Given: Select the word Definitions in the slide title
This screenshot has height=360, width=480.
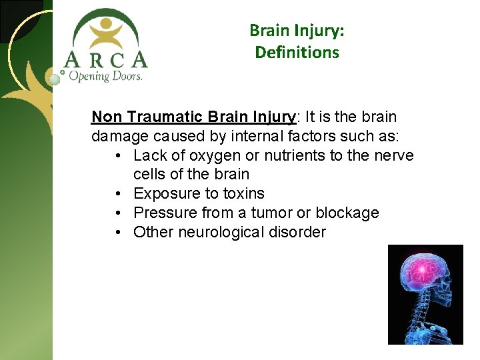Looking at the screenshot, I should tap(297, 52).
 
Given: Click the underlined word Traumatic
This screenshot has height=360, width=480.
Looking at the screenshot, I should tap(165, 117).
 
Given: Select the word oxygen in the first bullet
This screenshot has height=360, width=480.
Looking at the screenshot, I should tap(201, 155).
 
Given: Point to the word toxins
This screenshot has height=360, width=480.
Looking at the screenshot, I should tap(244, 194).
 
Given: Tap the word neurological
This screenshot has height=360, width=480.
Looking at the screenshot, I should tap(222, 233).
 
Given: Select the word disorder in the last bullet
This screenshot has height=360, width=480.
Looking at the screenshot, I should tap(297, 233).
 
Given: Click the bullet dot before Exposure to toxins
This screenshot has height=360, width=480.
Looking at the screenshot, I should tap(117, 194).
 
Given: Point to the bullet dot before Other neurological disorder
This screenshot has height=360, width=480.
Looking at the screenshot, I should tap(117, 233).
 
